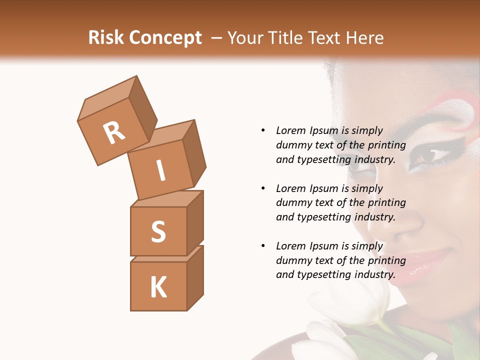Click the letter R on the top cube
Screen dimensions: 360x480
click(x=114, y=133)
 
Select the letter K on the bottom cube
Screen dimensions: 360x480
click(x=158, y=287)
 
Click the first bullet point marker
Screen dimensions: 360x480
click(x=263, y=130)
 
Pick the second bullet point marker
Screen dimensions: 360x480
click(x=263, y=188)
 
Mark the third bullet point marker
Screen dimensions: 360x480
click(x=263, y=246)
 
